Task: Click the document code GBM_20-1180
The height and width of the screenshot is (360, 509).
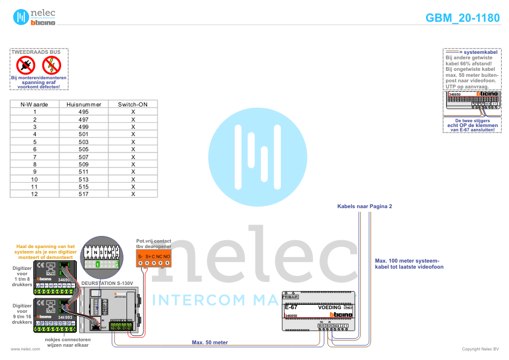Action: coord(462,18)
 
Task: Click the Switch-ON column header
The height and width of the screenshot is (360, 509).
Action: coord(133,104)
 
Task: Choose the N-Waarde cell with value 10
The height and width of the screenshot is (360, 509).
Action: coord(34,179)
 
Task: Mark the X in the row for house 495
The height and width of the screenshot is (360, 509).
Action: coord(133,112)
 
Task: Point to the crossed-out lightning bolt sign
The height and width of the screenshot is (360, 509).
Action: coord(51,65)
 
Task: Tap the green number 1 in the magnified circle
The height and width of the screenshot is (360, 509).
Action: coord(97,264)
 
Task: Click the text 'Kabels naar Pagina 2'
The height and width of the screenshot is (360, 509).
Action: coord(364,206)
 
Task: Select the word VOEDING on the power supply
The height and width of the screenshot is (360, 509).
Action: coord(329,308)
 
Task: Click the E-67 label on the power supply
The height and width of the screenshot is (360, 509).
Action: coord(291,308)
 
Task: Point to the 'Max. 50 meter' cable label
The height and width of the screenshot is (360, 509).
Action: coord(209,342)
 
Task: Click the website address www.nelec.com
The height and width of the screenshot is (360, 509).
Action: coord(21,349)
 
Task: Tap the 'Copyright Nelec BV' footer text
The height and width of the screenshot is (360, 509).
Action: coord(480,349)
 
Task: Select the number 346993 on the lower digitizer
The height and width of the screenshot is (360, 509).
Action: coord(65,317)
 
